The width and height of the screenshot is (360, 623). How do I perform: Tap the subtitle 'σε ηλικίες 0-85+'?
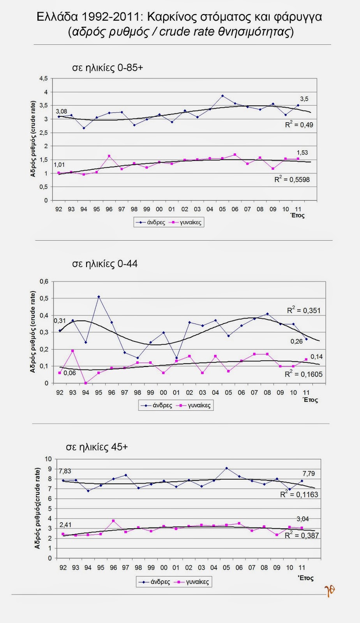(108, 67)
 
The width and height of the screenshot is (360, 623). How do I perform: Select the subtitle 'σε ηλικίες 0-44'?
(105, 264)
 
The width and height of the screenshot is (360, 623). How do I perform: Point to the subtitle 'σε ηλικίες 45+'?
(97, 447)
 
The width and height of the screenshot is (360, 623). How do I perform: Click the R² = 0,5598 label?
(292, 179)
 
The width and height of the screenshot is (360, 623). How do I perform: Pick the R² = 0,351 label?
(304, 310)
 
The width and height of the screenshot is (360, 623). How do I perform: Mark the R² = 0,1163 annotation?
(299, 495)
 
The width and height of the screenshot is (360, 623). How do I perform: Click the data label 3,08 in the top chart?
(61, 111)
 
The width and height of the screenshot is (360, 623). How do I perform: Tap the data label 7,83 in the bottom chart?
(65, 471)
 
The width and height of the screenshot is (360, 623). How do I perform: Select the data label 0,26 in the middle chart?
(296, 341)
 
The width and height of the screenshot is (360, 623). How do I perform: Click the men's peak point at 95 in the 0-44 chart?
(99, 297)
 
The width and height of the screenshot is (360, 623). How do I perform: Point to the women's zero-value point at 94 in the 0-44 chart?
(86, 383)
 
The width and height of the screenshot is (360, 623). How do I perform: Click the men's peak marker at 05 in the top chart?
(222, 96)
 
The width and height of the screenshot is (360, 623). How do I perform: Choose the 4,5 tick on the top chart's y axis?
(43, 79)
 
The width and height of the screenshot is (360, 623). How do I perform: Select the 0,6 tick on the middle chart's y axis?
(44, 282)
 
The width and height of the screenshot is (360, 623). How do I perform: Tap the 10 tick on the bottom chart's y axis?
(48, 459)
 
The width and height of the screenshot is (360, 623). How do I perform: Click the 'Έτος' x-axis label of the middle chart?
(311, 400)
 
